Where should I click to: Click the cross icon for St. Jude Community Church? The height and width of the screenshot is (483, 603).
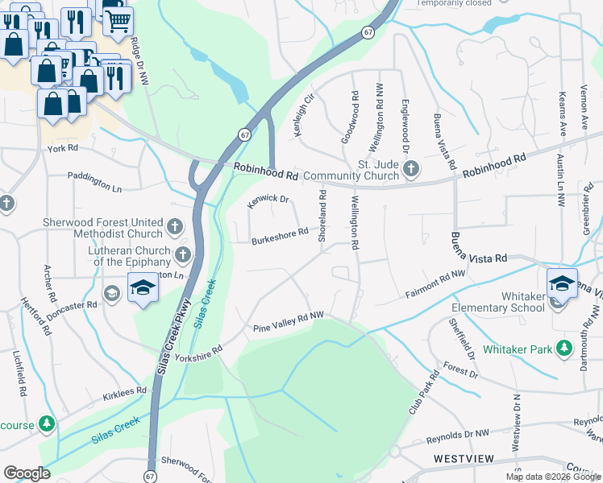click(411, 168)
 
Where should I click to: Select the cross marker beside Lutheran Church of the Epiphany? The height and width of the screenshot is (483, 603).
click(183, 255)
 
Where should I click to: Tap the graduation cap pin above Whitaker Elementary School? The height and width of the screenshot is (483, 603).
click(562, 283)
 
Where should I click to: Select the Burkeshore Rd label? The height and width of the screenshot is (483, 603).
click(279, 236)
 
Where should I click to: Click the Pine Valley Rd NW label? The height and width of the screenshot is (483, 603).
click(288, 322)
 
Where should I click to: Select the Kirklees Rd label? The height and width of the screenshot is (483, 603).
click(125, 394)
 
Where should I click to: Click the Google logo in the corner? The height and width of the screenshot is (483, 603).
click(27, 473)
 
